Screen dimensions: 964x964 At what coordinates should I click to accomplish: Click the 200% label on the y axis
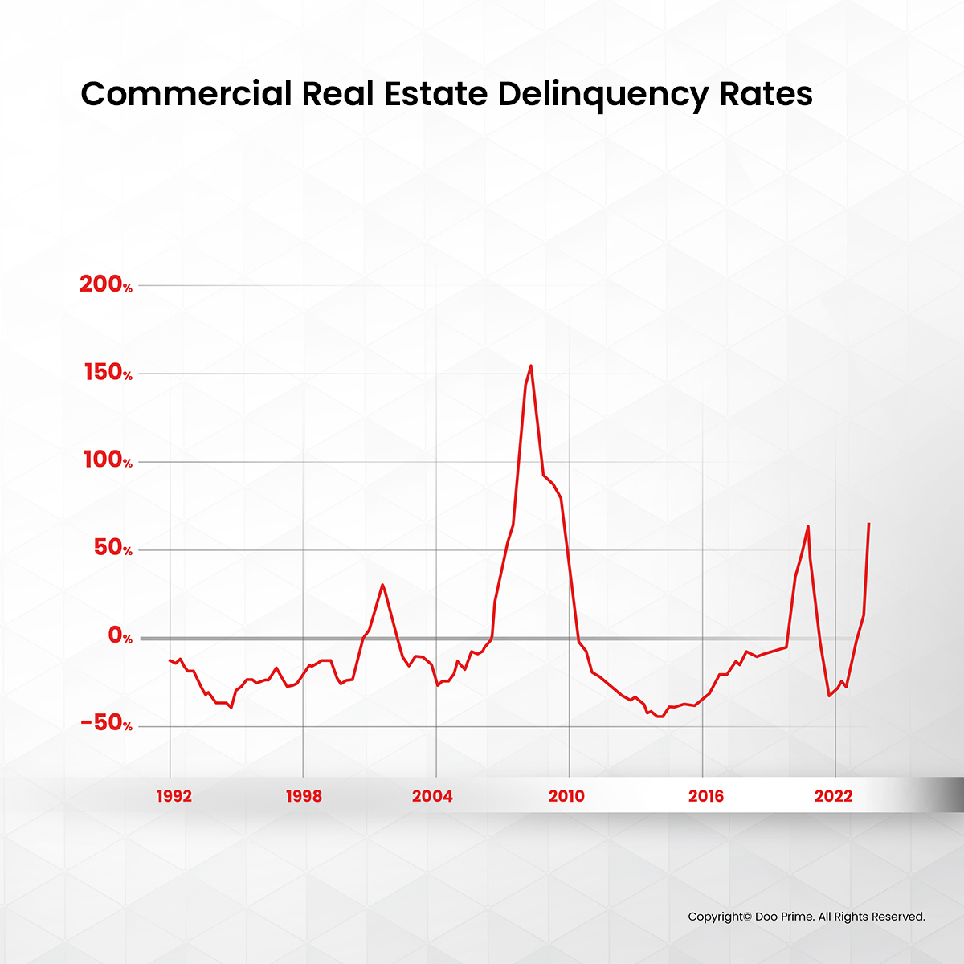(x=105, y=284)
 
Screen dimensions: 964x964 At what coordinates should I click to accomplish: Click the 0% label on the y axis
(x=120, y=637)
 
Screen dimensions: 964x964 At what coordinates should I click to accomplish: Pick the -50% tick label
(x=105, y=725)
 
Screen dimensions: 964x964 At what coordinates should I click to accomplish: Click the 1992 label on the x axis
(x=174, y=796)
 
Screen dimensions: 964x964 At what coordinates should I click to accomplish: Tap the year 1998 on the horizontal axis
(x=304, y=796)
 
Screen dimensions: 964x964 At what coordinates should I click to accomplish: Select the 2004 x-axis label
(x=432, y=796)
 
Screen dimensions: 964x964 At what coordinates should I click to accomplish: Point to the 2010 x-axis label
(x=566, y=796)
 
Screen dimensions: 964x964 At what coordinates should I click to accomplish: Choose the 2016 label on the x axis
(x=705, y=796)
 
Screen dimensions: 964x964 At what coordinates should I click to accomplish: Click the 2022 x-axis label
(x=833, y=796)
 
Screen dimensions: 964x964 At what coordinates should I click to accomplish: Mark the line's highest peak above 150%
(x=531, y=366)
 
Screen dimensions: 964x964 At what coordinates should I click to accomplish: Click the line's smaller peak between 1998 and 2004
(x=382, y=585)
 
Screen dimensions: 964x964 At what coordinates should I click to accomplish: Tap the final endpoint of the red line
(x=868, y=524)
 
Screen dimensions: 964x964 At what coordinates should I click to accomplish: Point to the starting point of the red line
(x=170, y=660)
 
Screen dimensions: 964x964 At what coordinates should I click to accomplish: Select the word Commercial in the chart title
(x=186, y=94)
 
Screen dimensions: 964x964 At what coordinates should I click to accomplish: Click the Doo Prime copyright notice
(x=807, y=917)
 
